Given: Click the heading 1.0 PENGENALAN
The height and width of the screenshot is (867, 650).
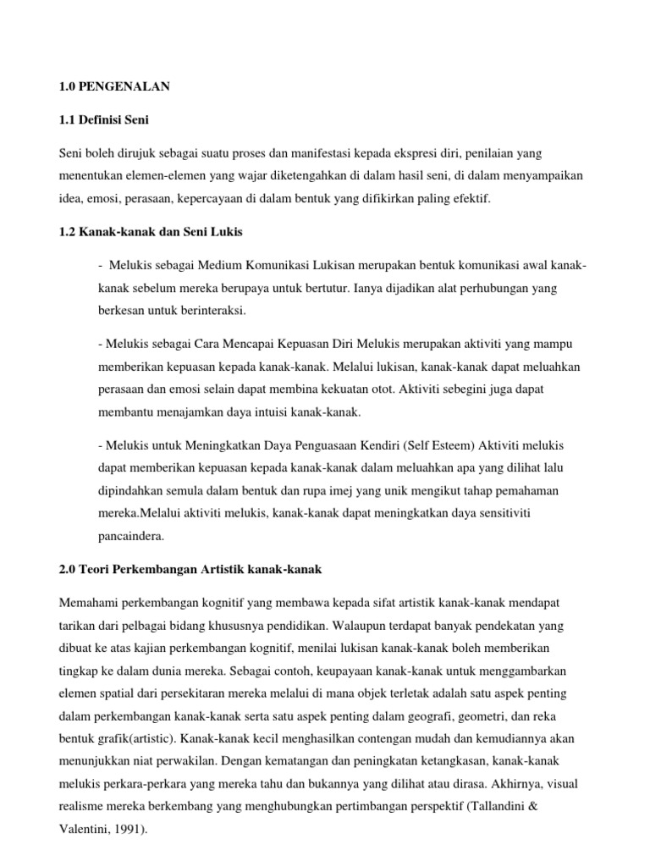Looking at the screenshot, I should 114,86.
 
